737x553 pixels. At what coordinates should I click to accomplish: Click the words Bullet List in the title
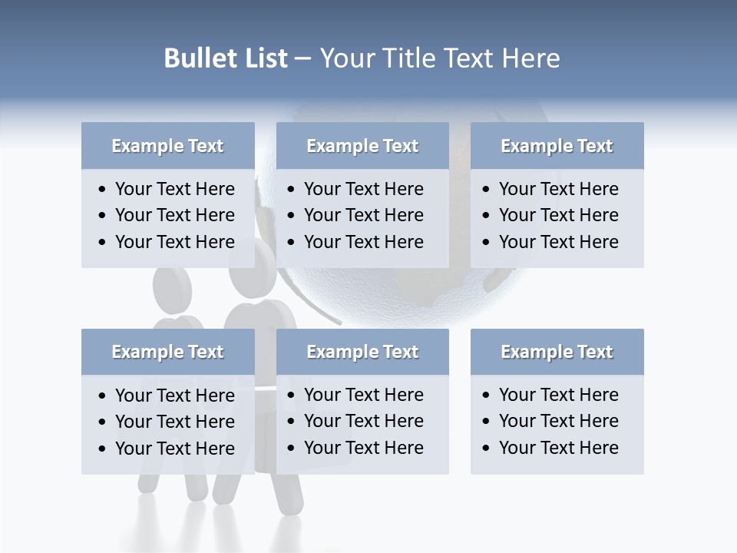(x=225, y=58)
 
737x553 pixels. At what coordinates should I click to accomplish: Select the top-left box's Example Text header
(x=167, y=146)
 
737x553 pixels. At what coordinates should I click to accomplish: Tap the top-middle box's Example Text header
(x=362, y=146)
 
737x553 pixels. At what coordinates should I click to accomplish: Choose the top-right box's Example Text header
(x=557, y=146)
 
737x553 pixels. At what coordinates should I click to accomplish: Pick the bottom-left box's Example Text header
(x=167, y=352)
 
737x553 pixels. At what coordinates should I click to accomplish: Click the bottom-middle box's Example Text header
(x=362, y=352)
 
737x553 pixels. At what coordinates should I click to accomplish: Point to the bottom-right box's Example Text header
(x=557, y=352)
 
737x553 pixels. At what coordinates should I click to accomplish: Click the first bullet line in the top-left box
(x=174, y=189)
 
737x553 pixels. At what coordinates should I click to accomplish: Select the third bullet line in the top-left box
(x=174, y=242)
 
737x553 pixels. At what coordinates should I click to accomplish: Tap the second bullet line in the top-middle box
(x=363, y=215)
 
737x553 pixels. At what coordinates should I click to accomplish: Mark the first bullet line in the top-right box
(x=558, y=189)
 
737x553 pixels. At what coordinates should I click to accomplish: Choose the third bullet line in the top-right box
(x=558, y=242)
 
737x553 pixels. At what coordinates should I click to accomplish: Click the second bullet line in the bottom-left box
(x=174, y=422)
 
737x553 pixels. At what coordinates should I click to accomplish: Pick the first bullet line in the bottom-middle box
(x=363, y=395)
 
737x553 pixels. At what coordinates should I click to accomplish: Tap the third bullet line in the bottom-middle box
(x=363, y=448)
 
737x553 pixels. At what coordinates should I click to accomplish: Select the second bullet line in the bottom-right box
(x=558, y=421)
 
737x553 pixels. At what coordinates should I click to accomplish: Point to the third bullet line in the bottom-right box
(x=558, y=448)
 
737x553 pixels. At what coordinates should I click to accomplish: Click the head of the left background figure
(x=172, y=286)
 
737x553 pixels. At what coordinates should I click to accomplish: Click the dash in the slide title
(x=303, y=58)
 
